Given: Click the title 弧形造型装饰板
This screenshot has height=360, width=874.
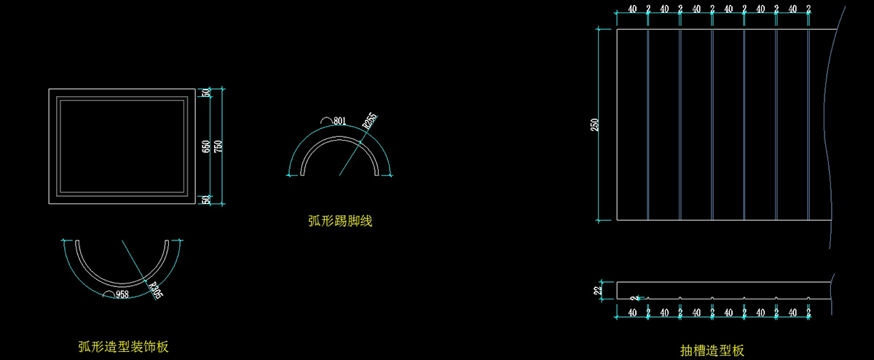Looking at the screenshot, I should (123, 346).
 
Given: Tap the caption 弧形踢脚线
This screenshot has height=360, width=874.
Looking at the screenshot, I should (340, 220).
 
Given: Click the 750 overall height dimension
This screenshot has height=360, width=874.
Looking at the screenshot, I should (218, 146).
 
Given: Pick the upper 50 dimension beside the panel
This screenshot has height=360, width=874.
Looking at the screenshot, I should (206, 93).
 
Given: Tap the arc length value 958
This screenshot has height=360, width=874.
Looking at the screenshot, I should (122, 294).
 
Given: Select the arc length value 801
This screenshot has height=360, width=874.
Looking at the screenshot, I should (339, 121).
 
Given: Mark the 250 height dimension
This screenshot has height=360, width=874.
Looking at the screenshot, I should (594, 125).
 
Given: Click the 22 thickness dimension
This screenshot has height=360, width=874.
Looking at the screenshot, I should (598, 290).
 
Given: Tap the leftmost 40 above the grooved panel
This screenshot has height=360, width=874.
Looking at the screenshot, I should (632, 9).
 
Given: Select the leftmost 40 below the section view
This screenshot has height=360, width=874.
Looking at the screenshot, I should (632, 313).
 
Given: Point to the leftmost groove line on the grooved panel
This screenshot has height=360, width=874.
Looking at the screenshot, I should (647, 124).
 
